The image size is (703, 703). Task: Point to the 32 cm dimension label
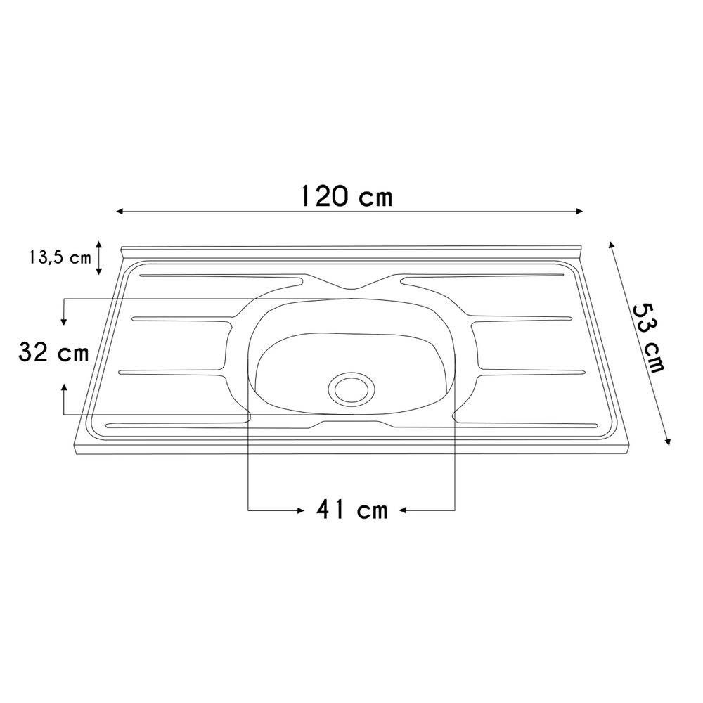click(53, 353)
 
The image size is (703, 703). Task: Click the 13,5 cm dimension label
click(60, 257)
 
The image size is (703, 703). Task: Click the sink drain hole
click(351, 387)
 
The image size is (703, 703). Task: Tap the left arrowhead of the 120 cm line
click(120, 211)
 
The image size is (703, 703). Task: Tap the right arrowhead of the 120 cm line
click(580, 211)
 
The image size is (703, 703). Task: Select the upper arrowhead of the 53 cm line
click(611, 244)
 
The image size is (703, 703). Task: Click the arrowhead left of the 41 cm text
click(298, 509)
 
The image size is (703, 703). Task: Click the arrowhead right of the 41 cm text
click(404, 509)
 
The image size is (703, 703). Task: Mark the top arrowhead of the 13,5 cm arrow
click(99, 243)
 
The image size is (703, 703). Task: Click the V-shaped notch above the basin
click(352, 288)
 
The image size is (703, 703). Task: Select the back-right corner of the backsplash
click(581, 248)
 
